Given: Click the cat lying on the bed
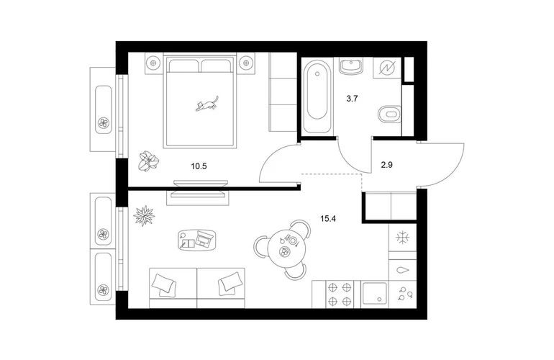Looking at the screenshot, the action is click(206, 103).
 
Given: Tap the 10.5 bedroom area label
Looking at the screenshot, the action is click(199, 166).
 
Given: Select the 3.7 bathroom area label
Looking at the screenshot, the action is click(352, 99).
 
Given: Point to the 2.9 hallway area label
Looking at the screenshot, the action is click(387, 164).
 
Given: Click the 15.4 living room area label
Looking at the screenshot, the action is click(328, 219).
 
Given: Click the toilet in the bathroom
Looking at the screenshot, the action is click(389, 114).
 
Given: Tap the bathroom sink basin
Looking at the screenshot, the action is click(350, 66).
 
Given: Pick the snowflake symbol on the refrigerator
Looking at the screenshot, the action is click(402, 238).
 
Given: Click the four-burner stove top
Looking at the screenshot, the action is click(340, 294).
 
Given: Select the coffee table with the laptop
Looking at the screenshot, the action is click(197, 240).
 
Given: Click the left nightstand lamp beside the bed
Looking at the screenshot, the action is click(153, 63).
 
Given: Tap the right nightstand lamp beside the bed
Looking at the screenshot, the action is click(246, 63).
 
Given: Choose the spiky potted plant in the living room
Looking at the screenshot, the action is click(144, 215).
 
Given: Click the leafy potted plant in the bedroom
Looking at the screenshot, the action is click(148, 162).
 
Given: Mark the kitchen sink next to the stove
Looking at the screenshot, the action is click(375, 294).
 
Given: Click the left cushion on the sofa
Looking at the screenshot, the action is click(163, 284).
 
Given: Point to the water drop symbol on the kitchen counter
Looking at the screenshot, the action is click(402, 271).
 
